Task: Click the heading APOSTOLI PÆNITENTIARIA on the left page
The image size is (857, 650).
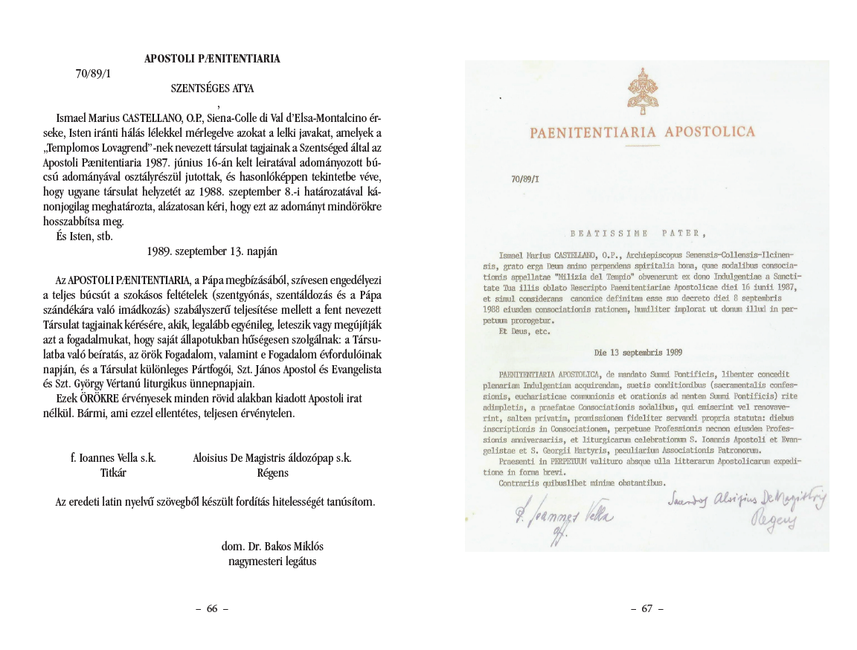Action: (212, 59)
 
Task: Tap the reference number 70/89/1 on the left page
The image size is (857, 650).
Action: (93, 74)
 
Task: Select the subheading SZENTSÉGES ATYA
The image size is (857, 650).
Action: (212, 89)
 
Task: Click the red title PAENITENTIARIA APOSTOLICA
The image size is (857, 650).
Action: (642, 133)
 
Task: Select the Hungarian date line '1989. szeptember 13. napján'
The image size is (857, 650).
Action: (212, 251)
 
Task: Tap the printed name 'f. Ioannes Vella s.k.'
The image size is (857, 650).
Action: (113, 458)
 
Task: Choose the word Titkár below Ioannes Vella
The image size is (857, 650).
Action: (113, 472)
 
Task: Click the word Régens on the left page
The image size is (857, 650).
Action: (272, 472)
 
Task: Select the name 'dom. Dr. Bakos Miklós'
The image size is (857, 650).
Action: (272, 546)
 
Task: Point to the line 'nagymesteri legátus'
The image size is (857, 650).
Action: (272, 561)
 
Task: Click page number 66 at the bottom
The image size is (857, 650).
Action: (212, 608)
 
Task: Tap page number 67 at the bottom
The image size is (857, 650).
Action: (646, 608)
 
